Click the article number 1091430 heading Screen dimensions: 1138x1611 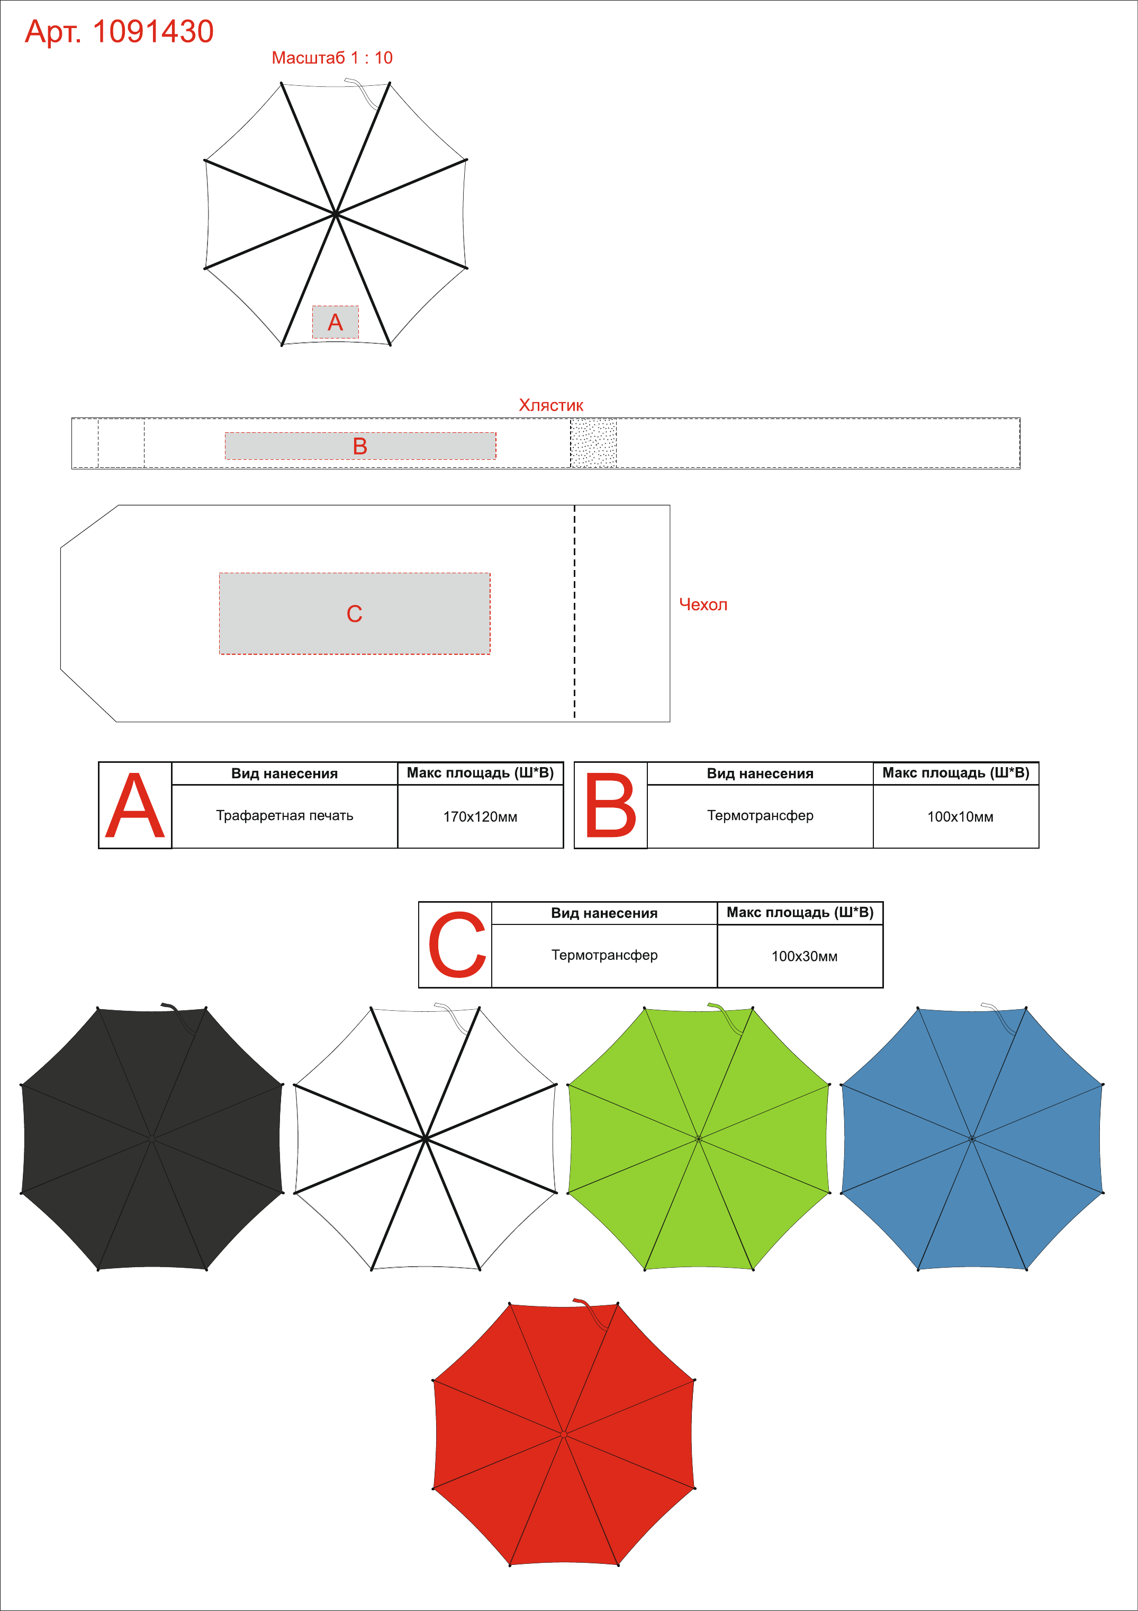click(119, 32)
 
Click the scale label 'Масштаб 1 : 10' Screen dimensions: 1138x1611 click(332, 58)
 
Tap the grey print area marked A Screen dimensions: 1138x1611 click(335, 322)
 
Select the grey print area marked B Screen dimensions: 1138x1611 click(360, 446)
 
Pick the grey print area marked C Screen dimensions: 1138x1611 click(355, 614)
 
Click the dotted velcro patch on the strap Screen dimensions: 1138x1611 click(593, 443)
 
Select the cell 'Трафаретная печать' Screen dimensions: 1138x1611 click(285, 815)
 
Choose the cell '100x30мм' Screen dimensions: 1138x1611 click(804, 956)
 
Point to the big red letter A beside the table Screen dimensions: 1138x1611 click(134, 805)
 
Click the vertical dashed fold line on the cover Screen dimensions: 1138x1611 click(575, 612)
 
